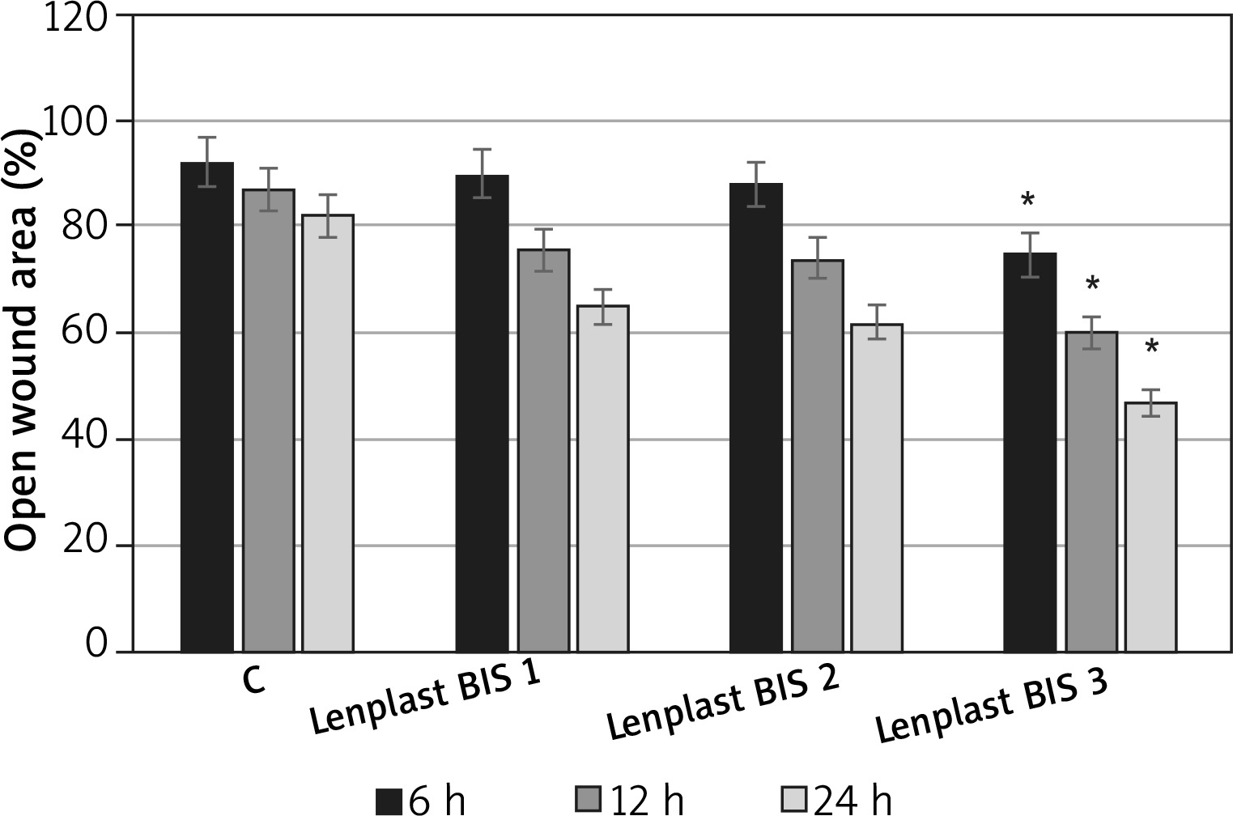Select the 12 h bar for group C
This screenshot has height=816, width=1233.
tap(268, 421)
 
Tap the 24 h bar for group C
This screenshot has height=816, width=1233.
tap(328, 433)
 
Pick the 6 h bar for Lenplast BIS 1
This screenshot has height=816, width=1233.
tap(482, 414)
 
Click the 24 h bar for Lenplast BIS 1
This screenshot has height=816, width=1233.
tap(602, 478)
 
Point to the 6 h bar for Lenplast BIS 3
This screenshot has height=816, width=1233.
tap(1030, 453)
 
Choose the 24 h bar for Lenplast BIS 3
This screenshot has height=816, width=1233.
tap(1151, 527)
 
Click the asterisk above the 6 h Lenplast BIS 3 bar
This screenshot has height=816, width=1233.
tap(1028, 200)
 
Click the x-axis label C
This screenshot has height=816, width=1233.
tap(253, 682)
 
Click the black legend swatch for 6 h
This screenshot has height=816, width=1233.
tap(389, 800)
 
